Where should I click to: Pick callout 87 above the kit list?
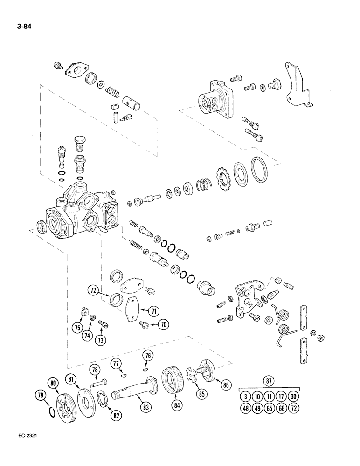tap(269, 379)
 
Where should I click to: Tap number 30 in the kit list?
tap(292, 397)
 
